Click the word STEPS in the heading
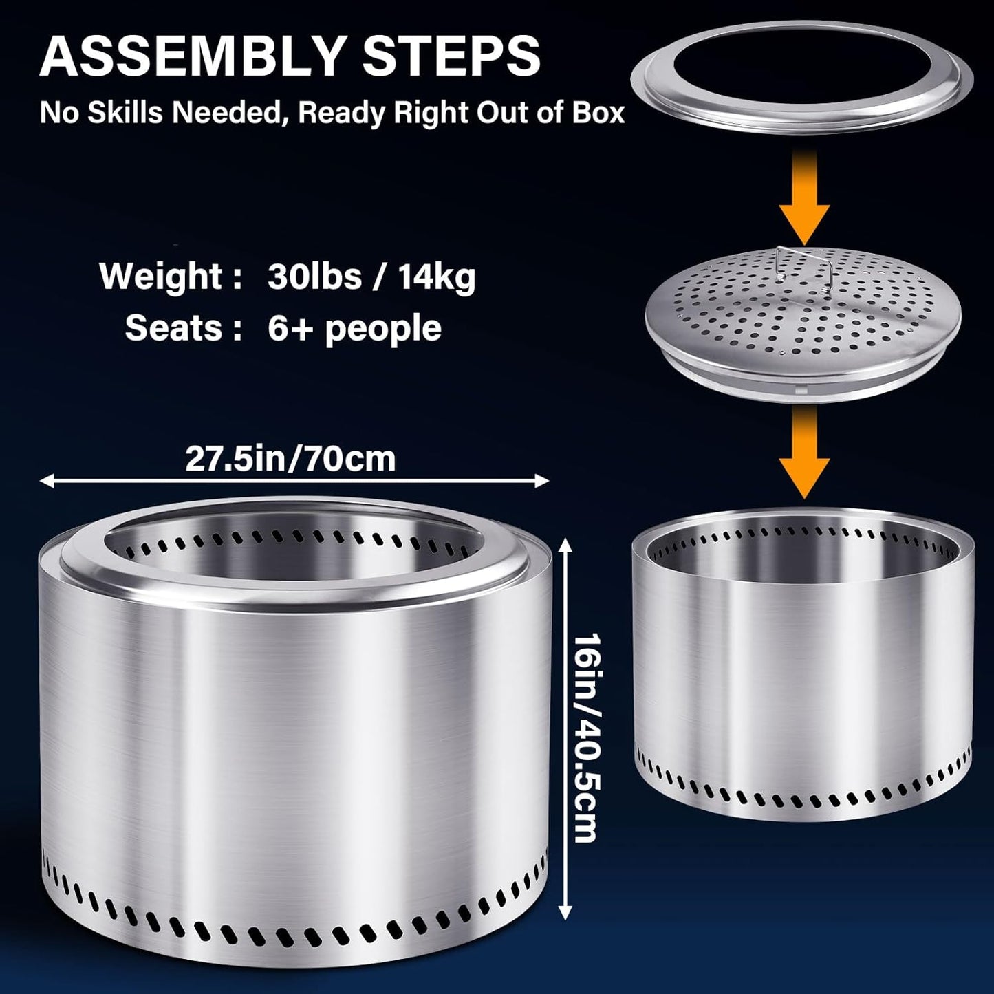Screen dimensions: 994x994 click(452, 56)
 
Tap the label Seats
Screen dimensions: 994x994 click(174, 328)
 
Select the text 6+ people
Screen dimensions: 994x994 click(355, 329)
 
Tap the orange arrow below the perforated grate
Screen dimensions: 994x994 click(804, 451)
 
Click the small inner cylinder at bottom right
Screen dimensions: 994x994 click(803, 667)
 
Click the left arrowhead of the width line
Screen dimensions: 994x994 click(46, 482)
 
